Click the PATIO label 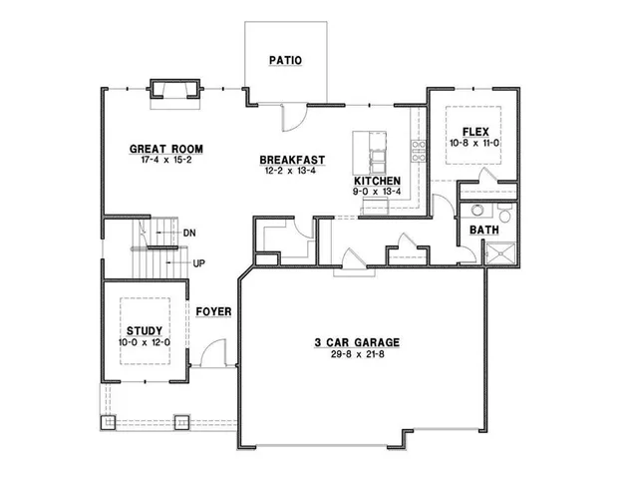[285, 61]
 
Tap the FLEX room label [473, 132]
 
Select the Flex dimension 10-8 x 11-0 [473, 144]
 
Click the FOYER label [213, 311]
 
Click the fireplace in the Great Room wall [172, 91]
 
